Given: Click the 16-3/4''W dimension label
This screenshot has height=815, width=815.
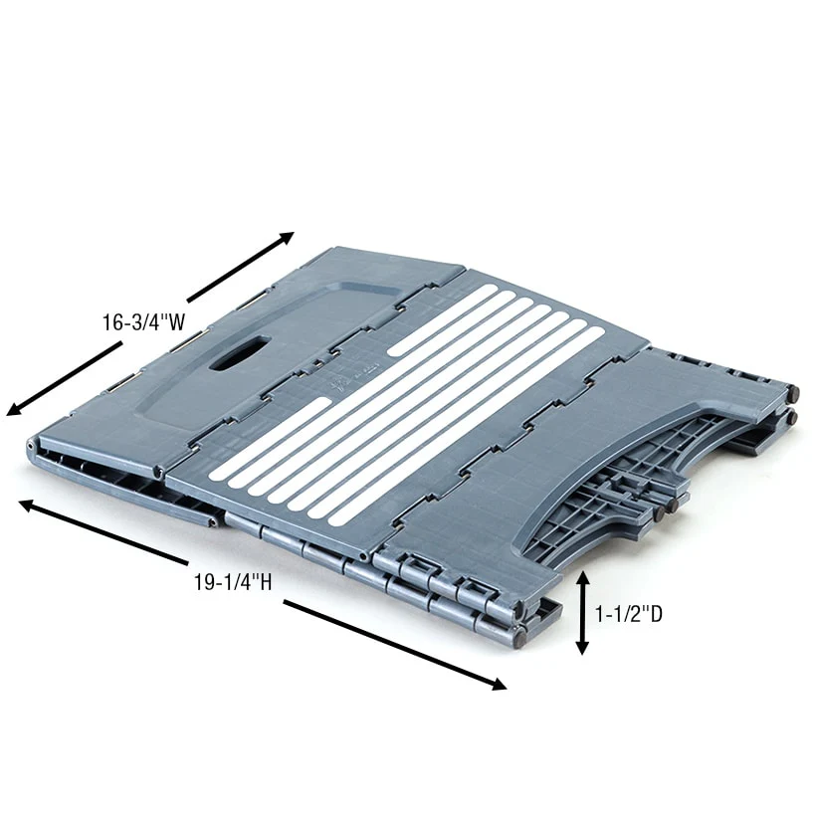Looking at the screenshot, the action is coord(143,322).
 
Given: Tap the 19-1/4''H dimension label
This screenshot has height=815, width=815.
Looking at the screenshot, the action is coord(233,581).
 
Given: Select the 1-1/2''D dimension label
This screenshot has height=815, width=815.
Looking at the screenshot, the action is coord(628,614).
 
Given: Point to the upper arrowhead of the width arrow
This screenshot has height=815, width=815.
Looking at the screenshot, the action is coord(285,238).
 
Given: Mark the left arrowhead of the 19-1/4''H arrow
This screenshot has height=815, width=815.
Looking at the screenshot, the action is coord(28,505).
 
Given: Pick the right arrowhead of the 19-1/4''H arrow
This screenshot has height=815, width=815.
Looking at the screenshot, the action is coord(498,684).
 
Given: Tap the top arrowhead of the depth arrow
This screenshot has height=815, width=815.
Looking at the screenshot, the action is coord(582,578).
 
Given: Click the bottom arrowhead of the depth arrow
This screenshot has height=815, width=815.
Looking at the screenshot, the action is coord(582,647).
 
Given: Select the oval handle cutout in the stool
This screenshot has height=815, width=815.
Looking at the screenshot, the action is coord(240,353).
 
